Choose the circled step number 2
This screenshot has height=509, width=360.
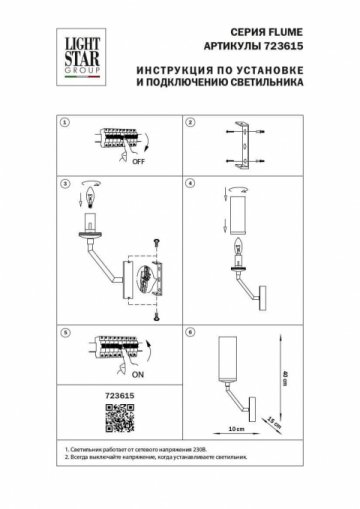(x=190, y=124)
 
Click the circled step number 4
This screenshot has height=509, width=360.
(x=190, y=186)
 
